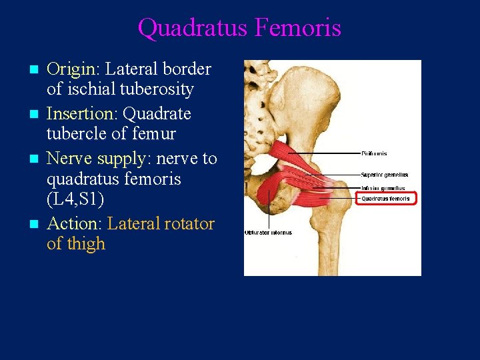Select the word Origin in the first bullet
[x=72, y=69]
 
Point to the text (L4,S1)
[x=75, y=199]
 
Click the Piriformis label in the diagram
[x=375, y=154]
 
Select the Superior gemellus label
[x=384, y=175]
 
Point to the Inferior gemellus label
[x=383, y=188]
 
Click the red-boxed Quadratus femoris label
[x=385, y=198]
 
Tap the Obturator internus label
[x=268, y=233]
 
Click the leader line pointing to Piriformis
[x=327, y=154]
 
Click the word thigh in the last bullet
[x=85, y=244]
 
